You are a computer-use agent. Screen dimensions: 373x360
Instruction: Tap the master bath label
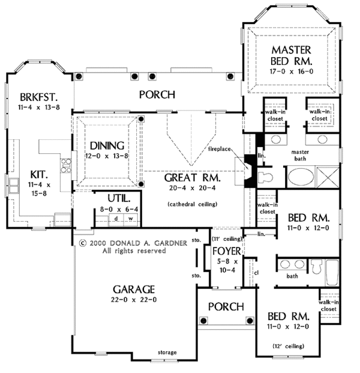(x=304, y=156)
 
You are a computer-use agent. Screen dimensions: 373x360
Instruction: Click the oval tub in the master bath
(x=301, y=179)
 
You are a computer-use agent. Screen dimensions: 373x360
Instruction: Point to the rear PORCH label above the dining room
(x=157, y=94)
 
